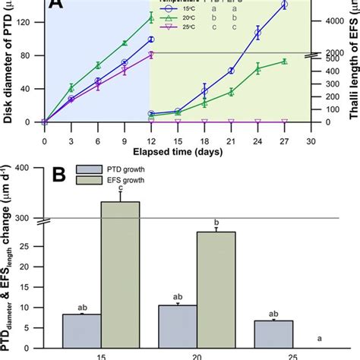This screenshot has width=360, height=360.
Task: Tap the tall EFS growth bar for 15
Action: coord(120,273)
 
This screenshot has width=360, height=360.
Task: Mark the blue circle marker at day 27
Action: coord(284,5)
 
